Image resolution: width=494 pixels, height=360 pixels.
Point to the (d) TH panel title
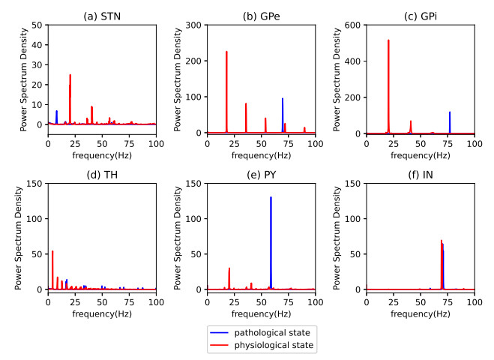click(x=102, y=169)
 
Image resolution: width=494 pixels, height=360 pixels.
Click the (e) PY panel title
click(x=261, y=169)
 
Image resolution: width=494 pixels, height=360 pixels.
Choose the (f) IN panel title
click(x=420, y=169)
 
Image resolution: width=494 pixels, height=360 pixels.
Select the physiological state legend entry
click(x=263, y=346)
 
